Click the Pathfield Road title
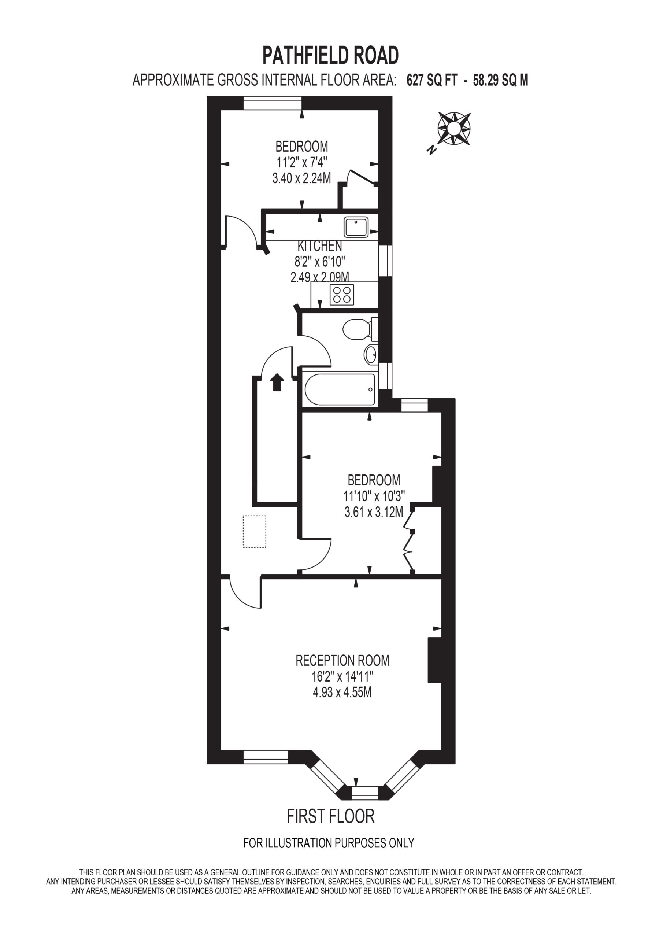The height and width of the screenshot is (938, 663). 330,56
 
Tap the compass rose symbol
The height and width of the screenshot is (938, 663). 454,128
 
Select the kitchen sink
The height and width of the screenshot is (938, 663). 356,227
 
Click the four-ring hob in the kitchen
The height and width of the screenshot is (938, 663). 342,295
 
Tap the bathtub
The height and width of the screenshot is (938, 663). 340,389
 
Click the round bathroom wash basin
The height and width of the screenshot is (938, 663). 371,354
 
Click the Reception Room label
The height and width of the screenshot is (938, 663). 342,660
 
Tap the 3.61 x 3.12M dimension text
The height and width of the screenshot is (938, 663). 374,512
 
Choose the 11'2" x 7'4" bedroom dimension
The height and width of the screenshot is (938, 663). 302,163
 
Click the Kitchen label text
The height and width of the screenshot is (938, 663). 320,245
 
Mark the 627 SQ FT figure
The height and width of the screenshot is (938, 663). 432,80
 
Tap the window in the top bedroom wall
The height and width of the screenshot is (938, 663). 273,103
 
